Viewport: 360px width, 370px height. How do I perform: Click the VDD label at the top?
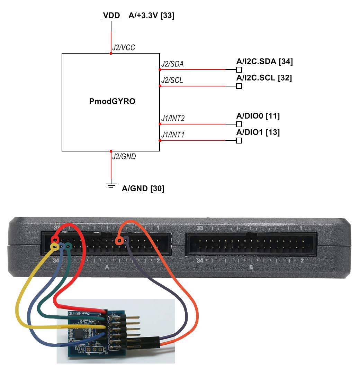[111, 16]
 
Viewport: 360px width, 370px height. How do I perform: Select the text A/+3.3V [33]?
[151, 16]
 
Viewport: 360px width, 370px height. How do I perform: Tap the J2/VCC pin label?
[123, 48]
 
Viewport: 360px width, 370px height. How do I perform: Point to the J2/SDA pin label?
[172, 64]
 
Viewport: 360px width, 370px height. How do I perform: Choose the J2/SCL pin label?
[172, 81]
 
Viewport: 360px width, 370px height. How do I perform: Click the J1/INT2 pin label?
[173, 119]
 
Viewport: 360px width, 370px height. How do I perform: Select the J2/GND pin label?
[124, 157]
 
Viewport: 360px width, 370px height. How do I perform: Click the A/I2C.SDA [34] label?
[264, 62]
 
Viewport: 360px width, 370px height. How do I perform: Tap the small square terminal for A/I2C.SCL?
[239, 86]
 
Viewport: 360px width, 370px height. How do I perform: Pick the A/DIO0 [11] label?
[258, 116]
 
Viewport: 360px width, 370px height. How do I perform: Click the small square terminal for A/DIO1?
[239, 140]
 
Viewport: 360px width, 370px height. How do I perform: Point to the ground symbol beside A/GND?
[111, 186]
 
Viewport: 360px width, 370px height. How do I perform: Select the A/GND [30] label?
[143, 188]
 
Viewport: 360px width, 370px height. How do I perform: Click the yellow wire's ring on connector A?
[54, 246]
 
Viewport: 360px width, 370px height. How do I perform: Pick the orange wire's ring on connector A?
[119, 240]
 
